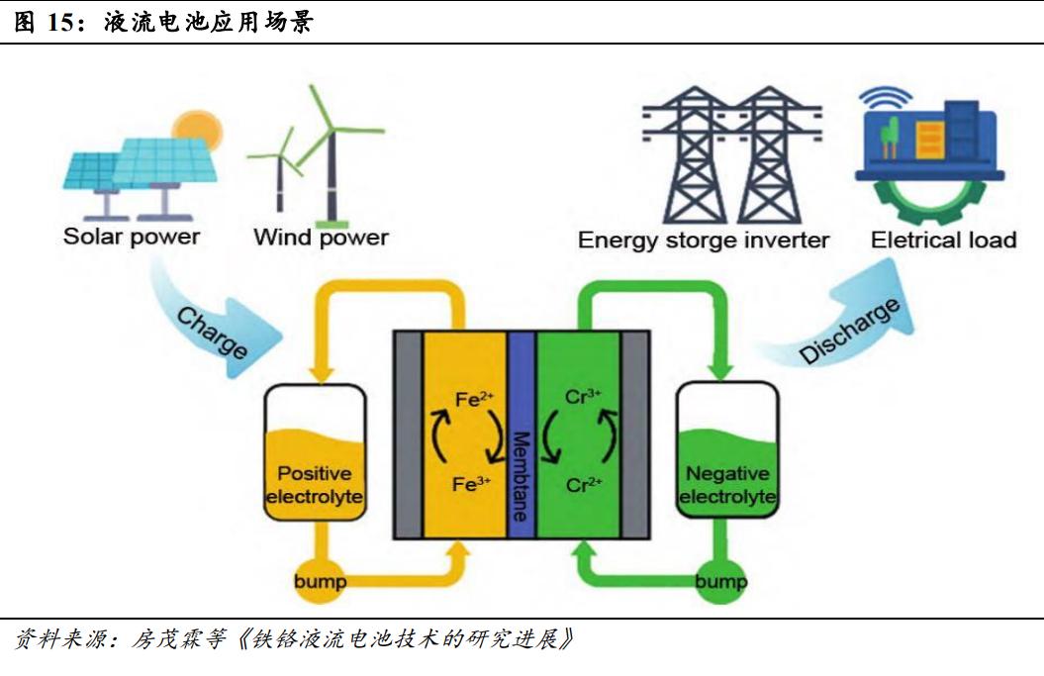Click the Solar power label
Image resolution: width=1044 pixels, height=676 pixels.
click(x=131, y=238)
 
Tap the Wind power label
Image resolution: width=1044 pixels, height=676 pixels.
click(x=321, y=238)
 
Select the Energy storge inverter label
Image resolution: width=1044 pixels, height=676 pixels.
click(x=704, y=241)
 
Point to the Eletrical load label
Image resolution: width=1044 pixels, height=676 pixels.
click(x=943, y=241)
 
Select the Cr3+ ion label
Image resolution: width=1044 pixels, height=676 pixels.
click(x=583, y=397)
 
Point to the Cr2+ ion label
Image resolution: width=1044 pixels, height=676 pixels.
click(x=583, y=484)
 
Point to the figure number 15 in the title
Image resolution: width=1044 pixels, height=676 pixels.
click(x=60, y=23)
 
